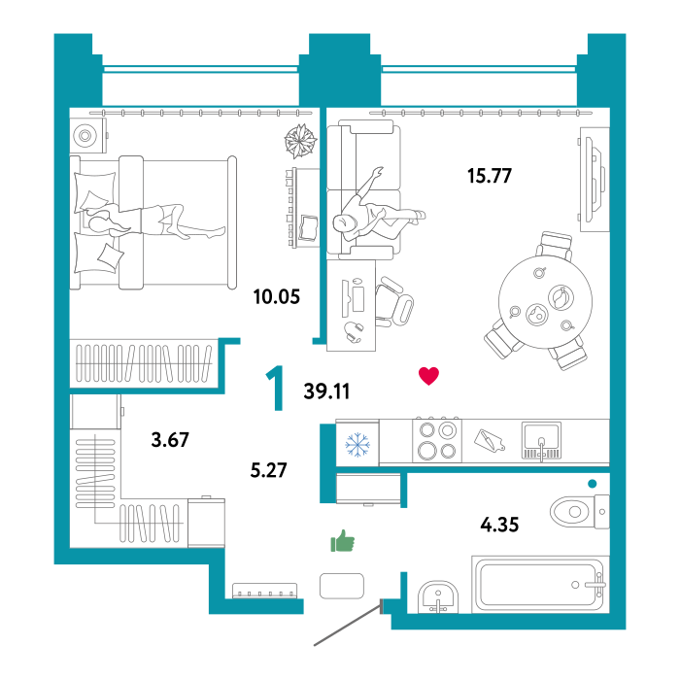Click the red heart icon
click(x=428, y=376)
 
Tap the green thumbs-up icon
click(x=342, y=541)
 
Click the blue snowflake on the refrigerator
click(x=357, y=445)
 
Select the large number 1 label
click(x=277, y=389)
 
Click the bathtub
click(x=539, y=585)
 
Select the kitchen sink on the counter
click(x=541, y=440)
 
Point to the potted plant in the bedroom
click(x=300, y=141)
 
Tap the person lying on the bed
click(x=155, y=221)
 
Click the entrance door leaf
click(x=346, y=628)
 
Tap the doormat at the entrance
click(x=341, y=586)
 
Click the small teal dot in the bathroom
click(x=592, y=484)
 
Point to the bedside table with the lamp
click(x=87, y=136)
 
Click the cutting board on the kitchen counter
click(x=490, y=441)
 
